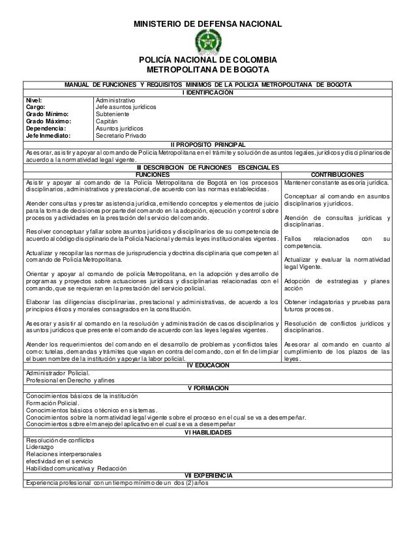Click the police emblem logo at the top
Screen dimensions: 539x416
pyautogui.click(x=208, y=42)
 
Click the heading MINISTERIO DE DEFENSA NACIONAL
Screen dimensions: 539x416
pyautogui.click(x=208, y=24)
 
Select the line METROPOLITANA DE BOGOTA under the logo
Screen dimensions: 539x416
pyautogui.click(x=208, y=70)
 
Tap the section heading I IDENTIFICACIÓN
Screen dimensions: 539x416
pyautogui.click(x=207, y=93)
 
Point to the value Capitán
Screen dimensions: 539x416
pyautogui.click(x=108, y=121)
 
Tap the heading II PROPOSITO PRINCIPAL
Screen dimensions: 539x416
pyautogui.click(x=207, y=144)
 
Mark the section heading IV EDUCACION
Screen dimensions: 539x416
pyautogui.click(x=207, y=365)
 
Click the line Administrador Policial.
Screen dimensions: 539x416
pyautogui.click(x=58, y=373)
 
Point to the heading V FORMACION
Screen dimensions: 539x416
pyautogui.click(x=207, y=388)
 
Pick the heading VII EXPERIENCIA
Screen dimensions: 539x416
pyautogui.click(x=207, y=475)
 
